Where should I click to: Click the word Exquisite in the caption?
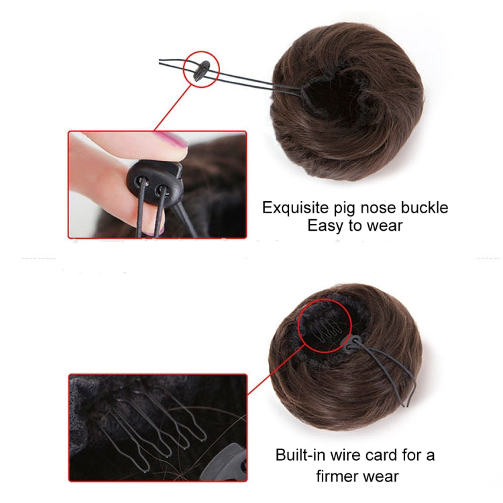coord(293,208)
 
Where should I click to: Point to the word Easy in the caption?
coord(325,226)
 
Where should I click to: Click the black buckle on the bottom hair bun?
coord(353,345)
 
